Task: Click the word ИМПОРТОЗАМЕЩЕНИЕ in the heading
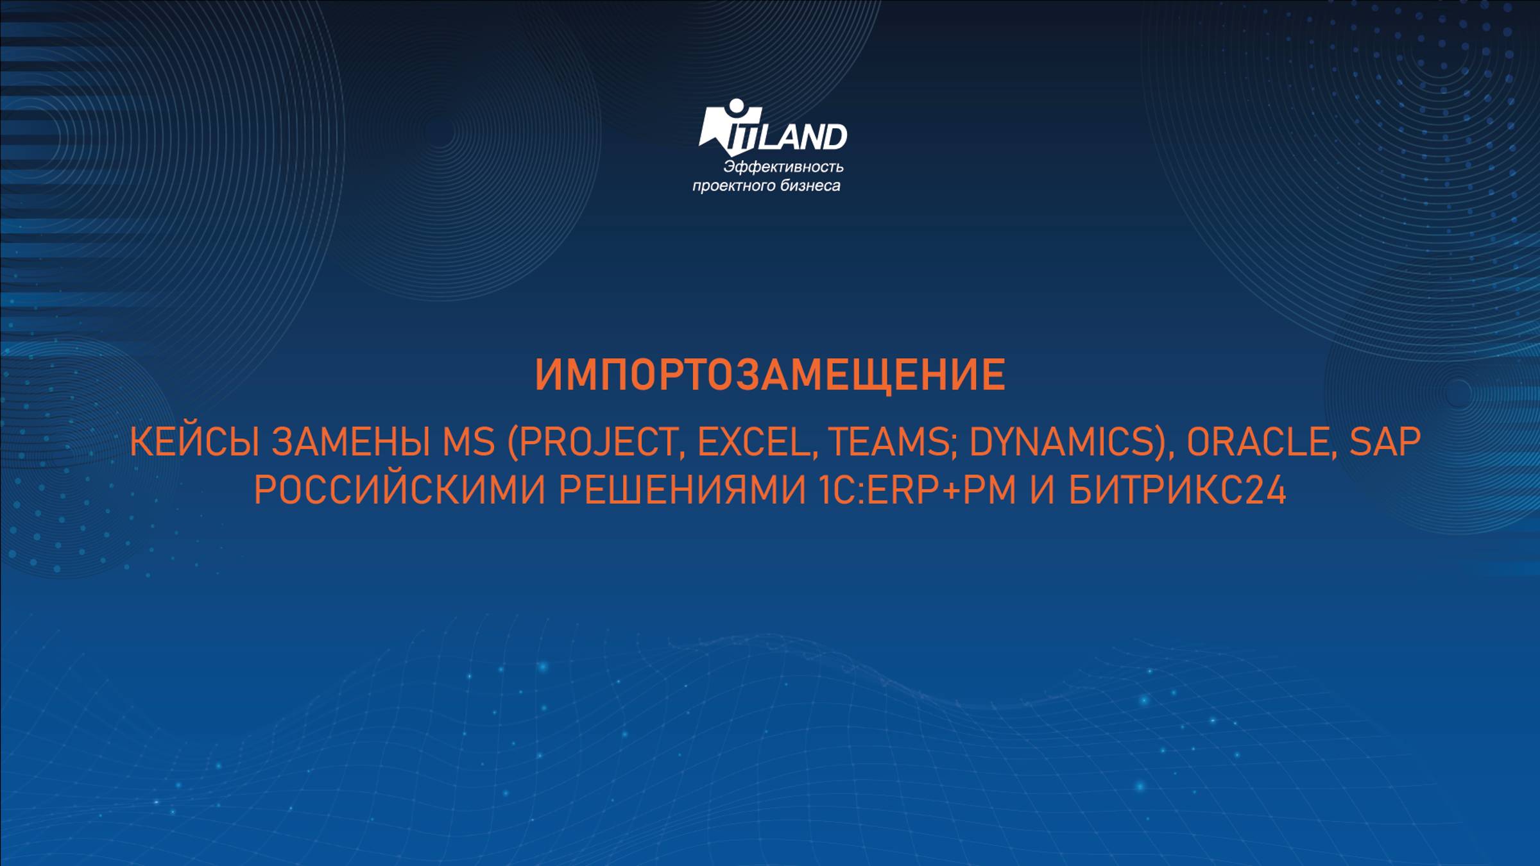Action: click(770, 375)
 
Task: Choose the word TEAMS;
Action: click(889, 443)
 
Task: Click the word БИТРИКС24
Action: click(1177, 491)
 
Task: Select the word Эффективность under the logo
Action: click(783, 167)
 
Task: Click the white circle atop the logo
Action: click(735, 106)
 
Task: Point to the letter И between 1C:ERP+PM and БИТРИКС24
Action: click(1043, 491)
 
